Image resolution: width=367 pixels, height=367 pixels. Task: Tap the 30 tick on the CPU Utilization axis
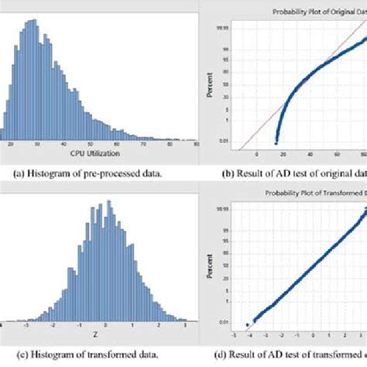pos(35,144)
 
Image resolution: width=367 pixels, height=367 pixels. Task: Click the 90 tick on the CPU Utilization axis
pos(197,144)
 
